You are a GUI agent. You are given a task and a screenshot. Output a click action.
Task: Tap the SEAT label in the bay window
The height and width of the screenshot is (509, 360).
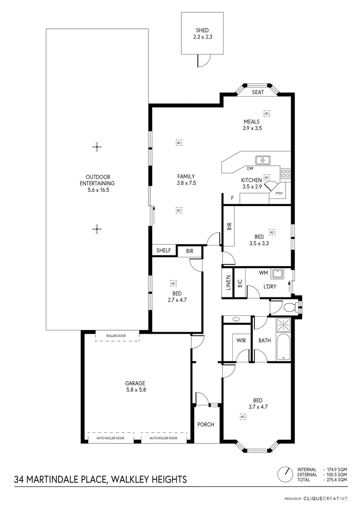point(258,92)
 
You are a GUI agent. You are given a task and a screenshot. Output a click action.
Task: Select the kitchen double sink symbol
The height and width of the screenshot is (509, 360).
point(262,160)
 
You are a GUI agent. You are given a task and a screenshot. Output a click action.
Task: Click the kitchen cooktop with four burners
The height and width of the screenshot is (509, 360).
point(286,173)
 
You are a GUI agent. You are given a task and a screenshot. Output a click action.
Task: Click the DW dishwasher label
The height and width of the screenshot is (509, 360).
point(250,168)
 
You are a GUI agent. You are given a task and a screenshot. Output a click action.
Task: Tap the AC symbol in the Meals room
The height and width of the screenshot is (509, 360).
point(266,114)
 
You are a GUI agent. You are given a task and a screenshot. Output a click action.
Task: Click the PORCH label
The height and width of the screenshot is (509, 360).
point(206,424)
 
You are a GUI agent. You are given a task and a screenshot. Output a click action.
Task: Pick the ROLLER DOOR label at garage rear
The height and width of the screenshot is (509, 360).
point(117,336)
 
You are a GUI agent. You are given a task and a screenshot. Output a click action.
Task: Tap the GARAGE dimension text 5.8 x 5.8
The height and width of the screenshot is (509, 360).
point(135,390)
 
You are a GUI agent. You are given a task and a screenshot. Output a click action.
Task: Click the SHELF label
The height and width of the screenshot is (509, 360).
point(164,251)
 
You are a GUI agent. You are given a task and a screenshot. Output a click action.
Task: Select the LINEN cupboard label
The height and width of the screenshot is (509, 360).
point(228,283)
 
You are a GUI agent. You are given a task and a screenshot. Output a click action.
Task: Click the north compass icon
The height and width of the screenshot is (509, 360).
point(285,473)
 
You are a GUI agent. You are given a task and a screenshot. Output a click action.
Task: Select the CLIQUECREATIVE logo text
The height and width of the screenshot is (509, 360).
point(325,498)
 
